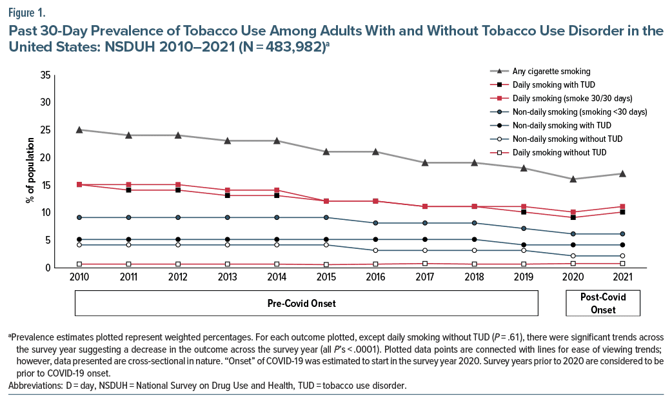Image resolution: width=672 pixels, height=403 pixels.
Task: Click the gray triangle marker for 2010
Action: tap(79, 130)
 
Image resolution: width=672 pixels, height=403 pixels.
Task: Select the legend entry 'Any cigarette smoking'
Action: tap(551, 71)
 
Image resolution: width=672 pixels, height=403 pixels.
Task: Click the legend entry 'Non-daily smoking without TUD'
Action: tap(567, 139)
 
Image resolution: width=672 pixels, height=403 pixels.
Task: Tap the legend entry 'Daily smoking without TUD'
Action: tap(558, 152)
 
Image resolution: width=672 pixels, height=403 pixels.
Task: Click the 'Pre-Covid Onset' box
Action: tap(311, 303)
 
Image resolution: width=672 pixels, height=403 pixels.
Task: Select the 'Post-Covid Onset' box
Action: tap(603, 303)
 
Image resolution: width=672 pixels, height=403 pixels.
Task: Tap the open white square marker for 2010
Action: tap(79, 264)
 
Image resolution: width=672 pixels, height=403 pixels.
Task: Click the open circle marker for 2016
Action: tap(376, 250)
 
